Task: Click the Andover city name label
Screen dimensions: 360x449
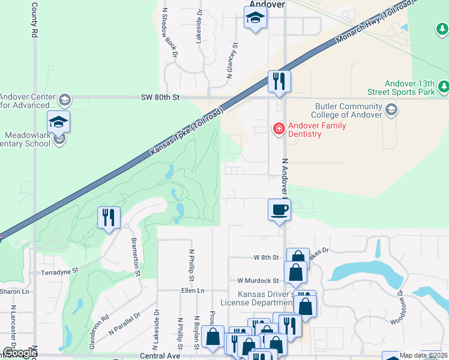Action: click(x=265, y=4)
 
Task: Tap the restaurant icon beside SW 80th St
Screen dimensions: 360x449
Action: click(x=279, y=81)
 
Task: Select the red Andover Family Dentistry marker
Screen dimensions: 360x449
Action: click(x=279, y=128)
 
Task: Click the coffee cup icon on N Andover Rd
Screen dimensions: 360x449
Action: click(x=279, y=211)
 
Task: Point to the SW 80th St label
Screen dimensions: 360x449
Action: click(x=160, y=97)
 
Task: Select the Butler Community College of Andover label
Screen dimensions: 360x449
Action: click(x=349, y=110)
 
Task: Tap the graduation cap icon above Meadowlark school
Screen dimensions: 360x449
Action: click(x=58, y=122)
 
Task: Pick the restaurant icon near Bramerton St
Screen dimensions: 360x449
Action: click(x=108, y=217)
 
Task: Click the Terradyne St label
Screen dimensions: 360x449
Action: click(x=59, y=271)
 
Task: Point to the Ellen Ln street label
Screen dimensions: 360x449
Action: click(x=192, y=290)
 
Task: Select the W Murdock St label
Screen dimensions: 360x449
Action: click(x=258, y=280)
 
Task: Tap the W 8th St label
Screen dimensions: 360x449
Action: click(x=267, y=257)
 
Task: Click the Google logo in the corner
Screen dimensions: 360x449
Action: click(x=20, y=353)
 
